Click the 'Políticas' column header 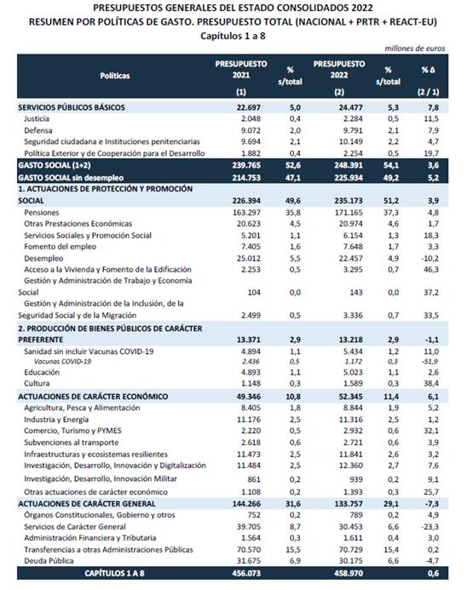coord(114,76)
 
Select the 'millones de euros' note coord(415,49)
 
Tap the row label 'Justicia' coord(37,119)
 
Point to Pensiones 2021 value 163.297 coord(246,212)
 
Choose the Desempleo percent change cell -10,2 coord(430,259)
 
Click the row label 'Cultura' coord(37,383)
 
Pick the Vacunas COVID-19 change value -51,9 coord(430,362)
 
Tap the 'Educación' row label coord(42,372)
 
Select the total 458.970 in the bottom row coord(349,573)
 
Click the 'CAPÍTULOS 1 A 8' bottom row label coord(114,573)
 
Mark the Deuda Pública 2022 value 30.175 coord(351,561)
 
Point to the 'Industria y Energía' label coord(56,420)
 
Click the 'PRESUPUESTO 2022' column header coord(339,70)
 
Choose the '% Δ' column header coord(428,70)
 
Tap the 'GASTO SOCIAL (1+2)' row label coord(55,165)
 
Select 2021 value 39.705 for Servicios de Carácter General coord(249,527)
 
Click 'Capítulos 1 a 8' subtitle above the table coord(233,36)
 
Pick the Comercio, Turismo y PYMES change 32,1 coord(431,431)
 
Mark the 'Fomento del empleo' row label coord(61,247)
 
